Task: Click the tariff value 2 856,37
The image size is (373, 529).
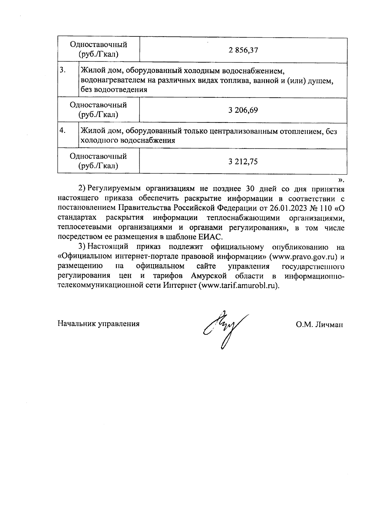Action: (243, 50)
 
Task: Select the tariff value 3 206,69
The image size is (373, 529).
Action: (243, 110)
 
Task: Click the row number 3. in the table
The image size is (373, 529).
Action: (63, 70)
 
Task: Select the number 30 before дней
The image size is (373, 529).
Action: (250, 189)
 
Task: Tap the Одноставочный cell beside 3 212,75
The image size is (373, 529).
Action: (98, 161)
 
